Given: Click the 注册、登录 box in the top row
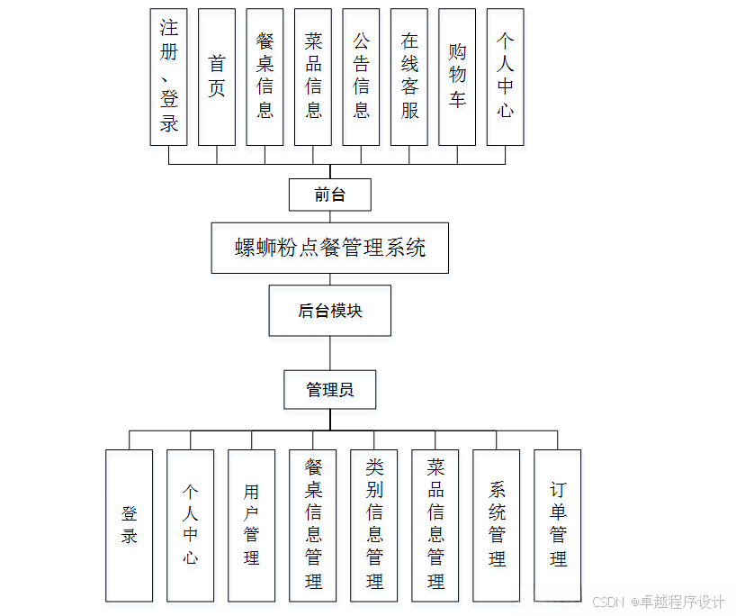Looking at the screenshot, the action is (168, 77).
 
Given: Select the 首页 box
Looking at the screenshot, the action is (217, 77).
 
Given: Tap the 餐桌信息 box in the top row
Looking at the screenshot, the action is (265, 77).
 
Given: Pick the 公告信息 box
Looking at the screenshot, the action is (361, 77).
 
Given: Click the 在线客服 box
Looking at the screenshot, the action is (409, 77).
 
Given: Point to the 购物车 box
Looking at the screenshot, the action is (457, 77).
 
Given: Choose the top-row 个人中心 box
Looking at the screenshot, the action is (506, 77).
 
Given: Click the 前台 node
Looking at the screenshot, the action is (329, 195).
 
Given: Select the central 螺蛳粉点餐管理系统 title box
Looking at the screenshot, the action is (329, 248).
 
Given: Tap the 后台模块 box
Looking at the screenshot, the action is (329, 311).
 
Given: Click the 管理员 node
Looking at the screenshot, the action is (329, 389).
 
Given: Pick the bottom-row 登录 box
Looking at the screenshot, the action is (129, 525).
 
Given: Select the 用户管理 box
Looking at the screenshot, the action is (251, 525).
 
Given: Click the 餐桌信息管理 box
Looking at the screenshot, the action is (312, 525).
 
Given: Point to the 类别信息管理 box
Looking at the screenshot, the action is (373, 525).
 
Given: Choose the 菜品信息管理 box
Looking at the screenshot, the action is (435, 525).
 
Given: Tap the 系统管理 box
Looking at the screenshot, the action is (497, 525).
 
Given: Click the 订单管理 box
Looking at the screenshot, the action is (558, 525).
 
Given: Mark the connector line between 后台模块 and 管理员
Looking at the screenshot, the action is (329, 352).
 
